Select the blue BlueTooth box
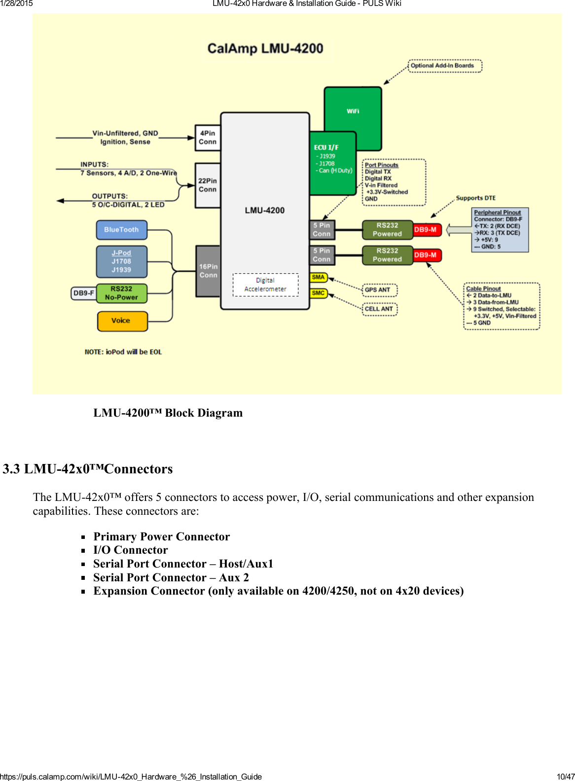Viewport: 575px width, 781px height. coord(121,230)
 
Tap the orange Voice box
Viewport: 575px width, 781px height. coord(122,320)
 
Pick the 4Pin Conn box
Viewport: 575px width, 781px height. coord(208,138)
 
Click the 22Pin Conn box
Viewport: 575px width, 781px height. coord(208,185)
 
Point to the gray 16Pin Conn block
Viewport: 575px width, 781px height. coord(208,271)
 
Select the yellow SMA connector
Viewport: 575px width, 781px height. coord(318,278)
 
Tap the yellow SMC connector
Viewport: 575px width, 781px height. coord(318,293)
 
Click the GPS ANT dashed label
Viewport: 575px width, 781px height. coord(379,290)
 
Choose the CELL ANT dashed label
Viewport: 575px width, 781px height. coord(379,309)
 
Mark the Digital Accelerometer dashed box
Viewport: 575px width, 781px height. coord(265,284)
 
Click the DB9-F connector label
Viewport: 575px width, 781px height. coord(83,293)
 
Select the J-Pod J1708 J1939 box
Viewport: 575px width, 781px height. coord(121,261)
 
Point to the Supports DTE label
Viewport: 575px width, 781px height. coord(475,198)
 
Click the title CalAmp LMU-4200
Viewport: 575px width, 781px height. coord(265,49)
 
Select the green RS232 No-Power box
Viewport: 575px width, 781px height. coord(121,293)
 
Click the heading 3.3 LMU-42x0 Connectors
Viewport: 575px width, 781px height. coord(88,469)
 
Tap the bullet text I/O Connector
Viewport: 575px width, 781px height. coord(131,550)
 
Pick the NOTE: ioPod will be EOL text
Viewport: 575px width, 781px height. coord(123,352)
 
